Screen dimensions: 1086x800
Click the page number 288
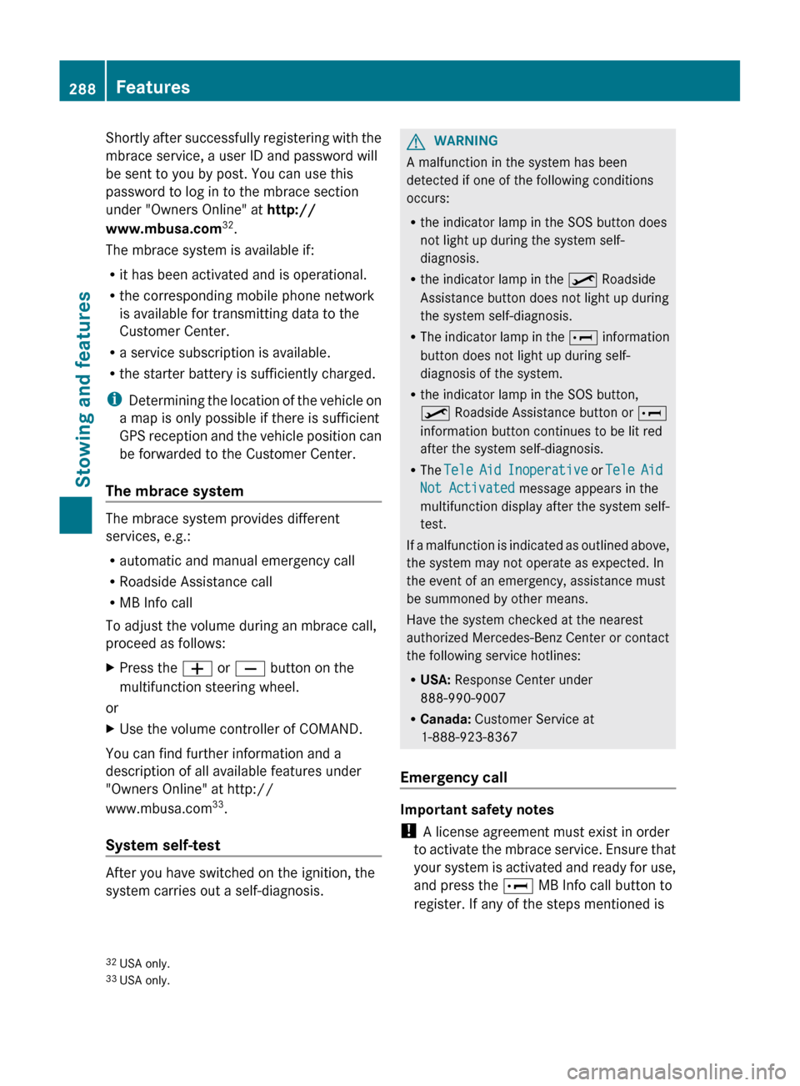point(82,88)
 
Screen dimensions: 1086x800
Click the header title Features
point(152,88)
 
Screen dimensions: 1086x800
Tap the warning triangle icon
point(416,141)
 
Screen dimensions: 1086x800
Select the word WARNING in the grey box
point(465,141)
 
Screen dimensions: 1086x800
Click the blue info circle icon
point(114,400)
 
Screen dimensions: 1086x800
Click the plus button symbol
point(197,669)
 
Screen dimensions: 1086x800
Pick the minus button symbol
point(250,669)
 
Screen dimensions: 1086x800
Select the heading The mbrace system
point(174,491)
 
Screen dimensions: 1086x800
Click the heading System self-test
point(162,845)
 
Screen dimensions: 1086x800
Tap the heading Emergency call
point(453,777)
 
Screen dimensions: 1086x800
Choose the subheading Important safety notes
point(477,809)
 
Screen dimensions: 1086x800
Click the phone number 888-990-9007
point(462,698)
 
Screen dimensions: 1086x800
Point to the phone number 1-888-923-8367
point(468,737)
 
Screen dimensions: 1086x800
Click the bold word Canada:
point(445,719)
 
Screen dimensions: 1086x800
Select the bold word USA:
point(435,680)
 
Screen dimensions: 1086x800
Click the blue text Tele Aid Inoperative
point(516,470)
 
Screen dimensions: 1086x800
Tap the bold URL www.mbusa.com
point(163,229)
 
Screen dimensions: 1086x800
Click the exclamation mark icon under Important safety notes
point(408,832)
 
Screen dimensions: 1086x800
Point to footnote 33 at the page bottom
point(137,980)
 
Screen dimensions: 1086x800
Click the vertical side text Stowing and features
point(83,389)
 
